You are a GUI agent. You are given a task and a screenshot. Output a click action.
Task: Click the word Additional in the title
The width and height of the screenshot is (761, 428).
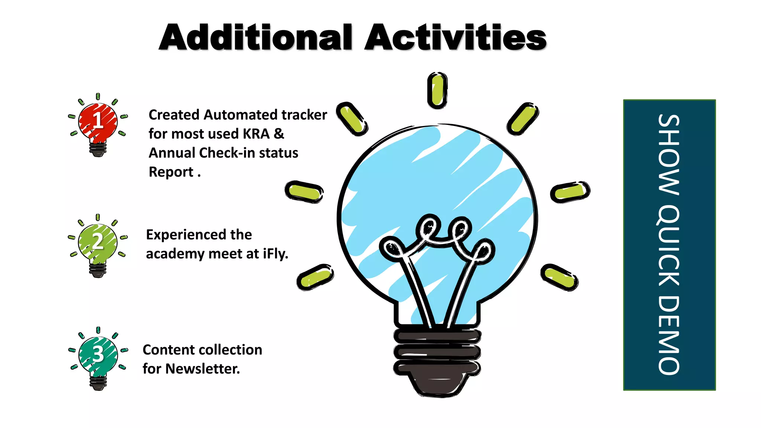255,38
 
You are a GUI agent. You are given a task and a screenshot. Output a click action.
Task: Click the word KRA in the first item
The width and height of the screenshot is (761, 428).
256,134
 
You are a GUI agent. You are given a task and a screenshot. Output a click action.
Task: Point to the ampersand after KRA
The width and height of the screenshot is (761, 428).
279,134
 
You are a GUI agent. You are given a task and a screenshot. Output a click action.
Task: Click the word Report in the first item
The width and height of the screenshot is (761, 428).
171,172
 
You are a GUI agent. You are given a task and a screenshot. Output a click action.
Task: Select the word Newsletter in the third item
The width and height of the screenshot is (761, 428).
203,369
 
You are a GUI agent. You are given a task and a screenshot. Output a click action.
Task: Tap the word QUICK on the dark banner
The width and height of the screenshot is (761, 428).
669,245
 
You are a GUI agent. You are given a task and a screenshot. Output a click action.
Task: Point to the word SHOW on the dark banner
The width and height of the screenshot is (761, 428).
669,154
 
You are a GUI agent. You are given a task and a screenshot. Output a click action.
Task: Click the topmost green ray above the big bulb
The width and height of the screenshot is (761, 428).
437,90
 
